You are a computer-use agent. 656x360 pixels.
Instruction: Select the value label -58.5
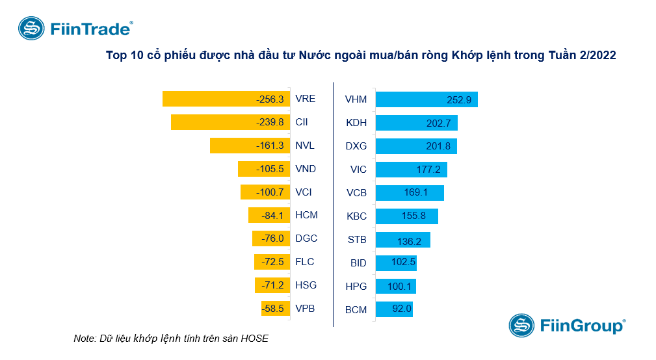272,309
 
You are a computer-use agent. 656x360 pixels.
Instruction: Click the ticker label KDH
356,123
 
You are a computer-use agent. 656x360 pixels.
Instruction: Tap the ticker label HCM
306,215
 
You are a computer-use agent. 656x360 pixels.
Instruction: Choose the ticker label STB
357,240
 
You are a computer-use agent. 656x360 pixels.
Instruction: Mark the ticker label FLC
304,262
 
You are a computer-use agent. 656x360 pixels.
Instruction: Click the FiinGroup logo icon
521,325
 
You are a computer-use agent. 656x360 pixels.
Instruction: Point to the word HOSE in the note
255,339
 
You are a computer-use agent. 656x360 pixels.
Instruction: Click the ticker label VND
306,169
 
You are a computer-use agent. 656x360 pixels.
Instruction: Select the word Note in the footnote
85,339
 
